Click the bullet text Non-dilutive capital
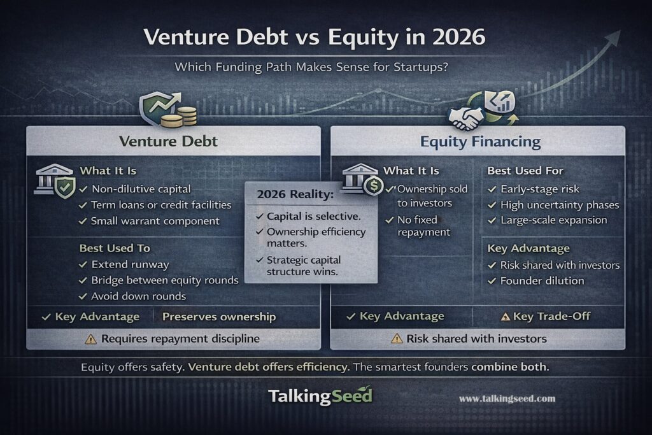tap(140, 189)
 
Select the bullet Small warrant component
tap(155, 221)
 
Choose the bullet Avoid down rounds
tap(139, 296)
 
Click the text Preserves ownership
tap(219, 317)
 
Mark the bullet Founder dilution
tap(542, 281)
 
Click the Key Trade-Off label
tap(549, 317)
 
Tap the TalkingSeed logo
tap(320, 396)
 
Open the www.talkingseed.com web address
tap(507, 399)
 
